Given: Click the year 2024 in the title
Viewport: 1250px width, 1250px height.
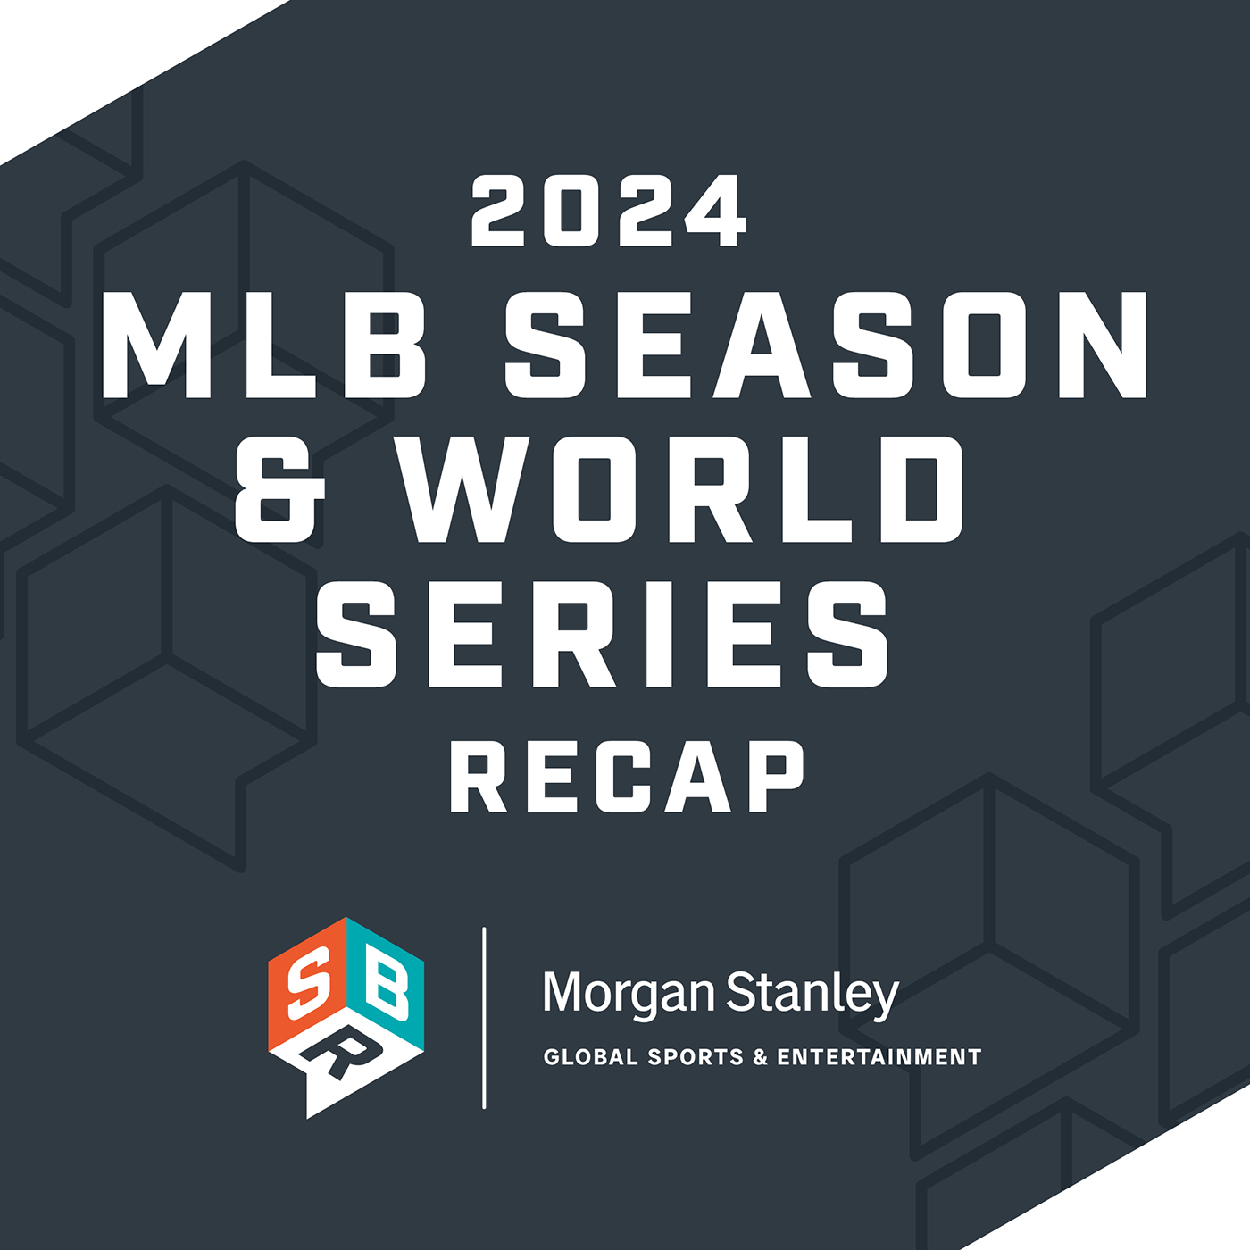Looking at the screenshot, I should (x=609, y=212).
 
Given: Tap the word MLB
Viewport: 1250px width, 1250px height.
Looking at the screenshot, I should (x=265, y=345).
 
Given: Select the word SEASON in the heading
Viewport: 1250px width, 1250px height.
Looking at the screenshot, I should (x=827, y=345).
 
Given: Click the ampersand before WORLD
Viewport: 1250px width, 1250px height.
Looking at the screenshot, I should (x=279, y=489).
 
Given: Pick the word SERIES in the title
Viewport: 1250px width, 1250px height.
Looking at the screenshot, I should (x=604, y=634).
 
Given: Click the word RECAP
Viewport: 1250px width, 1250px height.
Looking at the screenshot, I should (x=627, y=777).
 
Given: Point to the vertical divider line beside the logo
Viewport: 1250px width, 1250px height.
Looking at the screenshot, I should (x=484, y=1018).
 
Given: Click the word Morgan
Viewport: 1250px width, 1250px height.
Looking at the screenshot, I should (x=629, y=993).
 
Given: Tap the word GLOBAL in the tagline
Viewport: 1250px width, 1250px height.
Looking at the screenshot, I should (x=590, y=1057).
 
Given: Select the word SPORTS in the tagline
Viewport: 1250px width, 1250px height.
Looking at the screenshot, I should (x=696, y=1057).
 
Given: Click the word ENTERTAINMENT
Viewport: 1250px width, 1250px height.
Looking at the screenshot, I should (x=879, y=1057).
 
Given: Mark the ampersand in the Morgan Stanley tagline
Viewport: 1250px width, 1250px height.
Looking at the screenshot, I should (x=761, y=1057).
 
